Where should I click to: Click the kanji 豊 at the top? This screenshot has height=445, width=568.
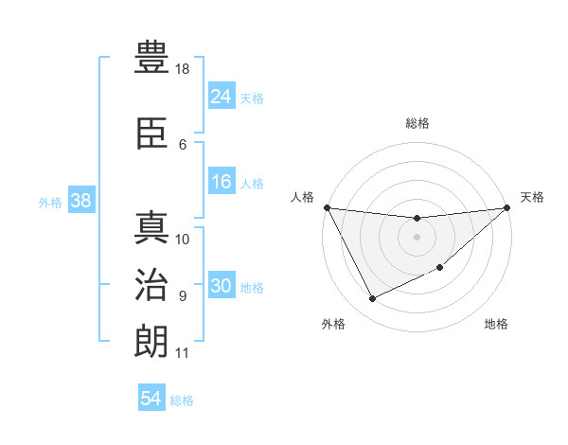[151, 59]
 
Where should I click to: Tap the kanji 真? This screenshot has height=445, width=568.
[151, 228]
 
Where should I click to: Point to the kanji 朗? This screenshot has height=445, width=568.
[151, 342]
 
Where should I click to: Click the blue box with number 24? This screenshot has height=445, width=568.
[221, 97]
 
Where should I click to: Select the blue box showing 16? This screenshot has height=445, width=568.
[221, 183]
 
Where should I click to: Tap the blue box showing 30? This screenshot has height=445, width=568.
[221, 287]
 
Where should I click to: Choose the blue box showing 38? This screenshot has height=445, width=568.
[80, 201]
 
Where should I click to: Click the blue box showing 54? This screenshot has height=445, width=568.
[151, 399]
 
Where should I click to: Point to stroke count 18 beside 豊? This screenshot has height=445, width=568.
[183, 70]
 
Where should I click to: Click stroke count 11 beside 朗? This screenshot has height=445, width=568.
[183, 353]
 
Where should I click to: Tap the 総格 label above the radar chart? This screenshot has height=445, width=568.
[417, 123]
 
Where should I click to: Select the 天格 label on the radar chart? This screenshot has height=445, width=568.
[532, 197]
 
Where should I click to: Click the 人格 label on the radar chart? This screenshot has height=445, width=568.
[303, 197]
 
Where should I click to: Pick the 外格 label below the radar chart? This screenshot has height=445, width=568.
[333, 324]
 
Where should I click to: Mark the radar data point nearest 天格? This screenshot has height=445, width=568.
[506, 207]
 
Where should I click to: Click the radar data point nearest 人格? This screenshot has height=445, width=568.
[328, 207]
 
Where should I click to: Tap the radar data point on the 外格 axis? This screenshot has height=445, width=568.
[372, 299]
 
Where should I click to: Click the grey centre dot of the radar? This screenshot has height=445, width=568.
[417, 237]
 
